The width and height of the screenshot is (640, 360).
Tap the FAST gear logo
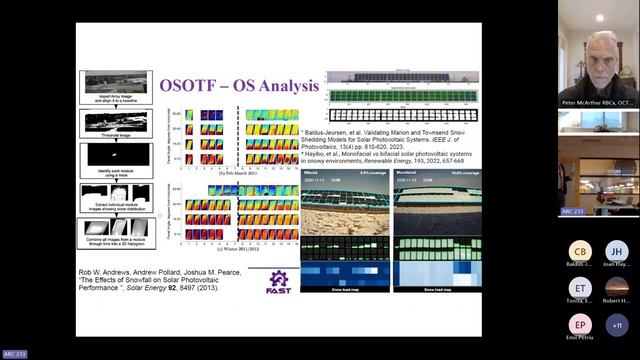point(279,282)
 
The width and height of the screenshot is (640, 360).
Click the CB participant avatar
point(579,252)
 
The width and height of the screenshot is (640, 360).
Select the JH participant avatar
point(616,252)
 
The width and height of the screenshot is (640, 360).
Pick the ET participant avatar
point(579,288)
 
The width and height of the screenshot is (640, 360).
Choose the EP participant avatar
point(579,325)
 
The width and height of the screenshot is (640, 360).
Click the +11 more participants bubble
point(616,325)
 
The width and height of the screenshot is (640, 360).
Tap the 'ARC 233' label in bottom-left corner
point(15,354)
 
